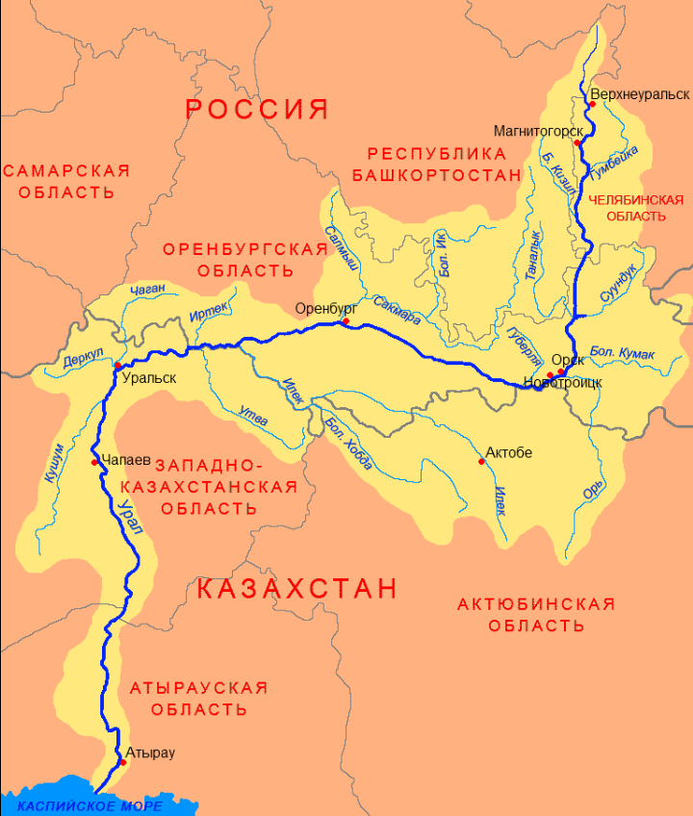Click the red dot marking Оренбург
(346, 321)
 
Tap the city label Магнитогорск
(538, 130)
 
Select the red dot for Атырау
(122, 762)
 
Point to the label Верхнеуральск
(641, 94)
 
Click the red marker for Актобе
(480, 462)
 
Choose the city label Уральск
(148, 378)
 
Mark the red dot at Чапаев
(94, 463)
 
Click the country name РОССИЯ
(257, 109)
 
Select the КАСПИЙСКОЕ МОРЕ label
(90, 805)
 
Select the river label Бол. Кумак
(622, 353)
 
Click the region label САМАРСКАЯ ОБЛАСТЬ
(65, 181)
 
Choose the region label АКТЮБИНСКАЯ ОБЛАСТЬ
(536, 614)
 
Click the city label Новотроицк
(563, 383)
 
